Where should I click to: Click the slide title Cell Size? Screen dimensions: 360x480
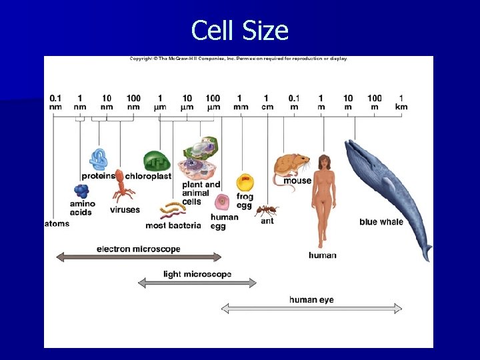point(239,31)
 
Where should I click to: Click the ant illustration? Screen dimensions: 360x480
point(267,210)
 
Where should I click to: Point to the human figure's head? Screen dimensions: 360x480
point(324,163)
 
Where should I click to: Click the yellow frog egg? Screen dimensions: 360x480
point(245,182)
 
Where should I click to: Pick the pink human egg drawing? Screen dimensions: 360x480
point(222,202)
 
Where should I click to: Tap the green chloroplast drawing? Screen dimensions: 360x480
point(156,161)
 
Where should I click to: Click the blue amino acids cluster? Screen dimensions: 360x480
point(80,191)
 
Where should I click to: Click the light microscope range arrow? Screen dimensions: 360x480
point(197,283)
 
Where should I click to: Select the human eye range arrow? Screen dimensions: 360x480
point(311,308)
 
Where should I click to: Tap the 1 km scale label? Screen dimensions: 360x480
point(401,102)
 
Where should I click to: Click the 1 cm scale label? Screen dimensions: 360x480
point(267,102)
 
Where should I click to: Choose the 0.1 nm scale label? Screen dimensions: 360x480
point(55,102)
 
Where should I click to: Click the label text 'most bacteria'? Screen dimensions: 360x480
point(173,225)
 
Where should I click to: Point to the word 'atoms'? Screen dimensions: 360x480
point(57,223)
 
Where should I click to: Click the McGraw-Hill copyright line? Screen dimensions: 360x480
point(238,59)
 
